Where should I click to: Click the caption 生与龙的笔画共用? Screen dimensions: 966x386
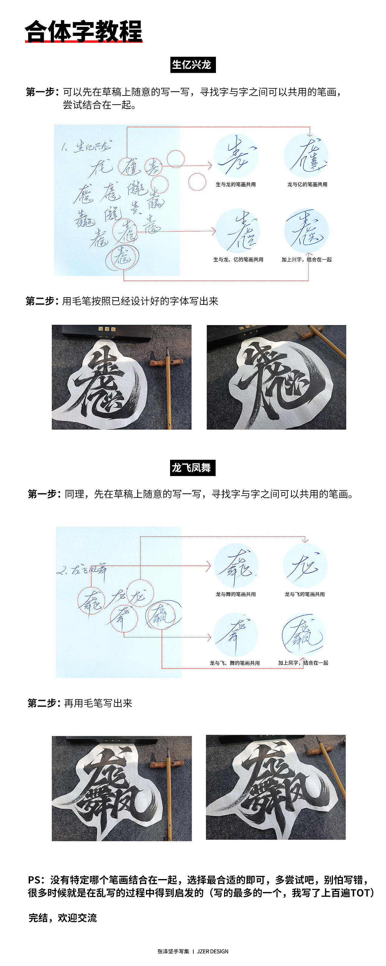[x=236, y=184]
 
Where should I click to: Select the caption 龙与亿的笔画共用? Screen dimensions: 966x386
[x=307, y=184]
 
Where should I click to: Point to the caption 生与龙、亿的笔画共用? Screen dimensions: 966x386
[x=238, y=260]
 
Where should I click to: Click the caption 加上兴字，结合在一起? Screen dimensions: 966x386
[x=307, y=260]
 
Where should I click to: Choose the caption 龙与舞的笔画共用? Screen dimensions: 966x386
[x=236, y=594]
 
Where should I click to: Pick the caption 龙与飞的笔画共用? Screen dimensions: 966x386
[x=305, y=594]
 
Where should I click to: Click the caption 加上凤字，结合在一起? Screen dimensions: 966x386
[x=303, y=663]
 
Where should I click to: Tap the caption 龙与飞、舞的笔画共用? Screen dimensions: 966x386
[x=235, y=663]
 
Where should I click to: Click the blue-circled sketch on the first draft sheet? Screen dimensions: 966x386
[x=122, y=257]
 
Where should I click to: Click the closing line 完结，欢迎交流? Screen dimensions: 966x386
[x=63, y=918]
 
